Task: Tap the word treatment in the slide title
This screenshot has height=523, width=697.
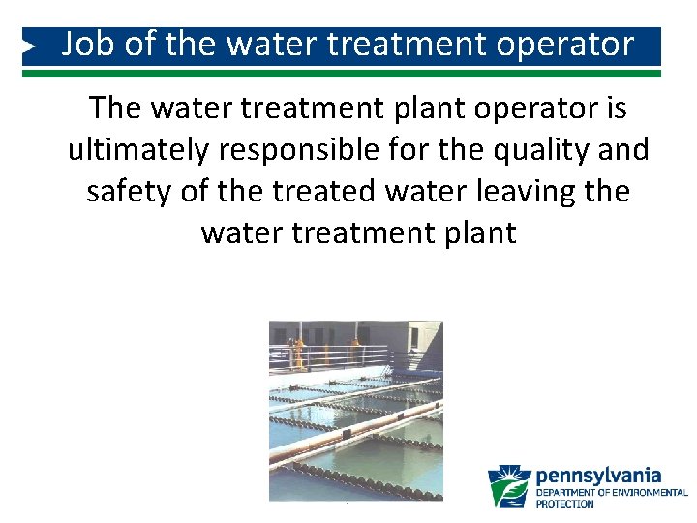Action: coord(411,45)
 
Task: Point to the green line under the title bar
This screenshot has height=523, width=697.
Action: coord(348,73)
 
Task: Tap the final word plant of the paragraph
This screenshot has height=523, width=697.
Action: coord(478,233)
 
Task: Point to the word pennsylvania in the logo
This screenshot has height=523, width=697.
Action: coord(598,476)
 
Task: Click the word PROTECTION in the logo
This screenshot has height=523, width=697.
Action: coord(566,504)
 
